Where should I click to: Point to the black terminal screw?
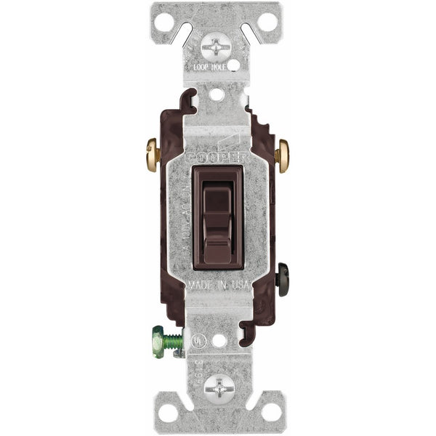[283, 275]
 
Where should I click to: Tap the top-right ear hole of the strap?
[267, 21]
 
